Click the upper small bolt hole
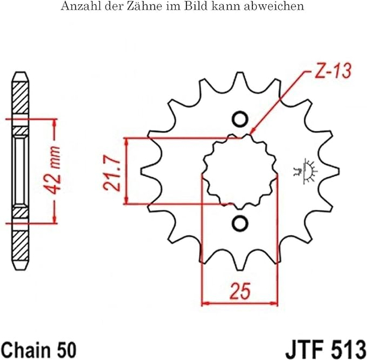click(240, 120)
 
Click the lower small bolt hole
click(240, 223)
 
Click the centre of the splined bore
click(240, 172)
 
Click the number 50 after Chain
click(65, 347)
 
